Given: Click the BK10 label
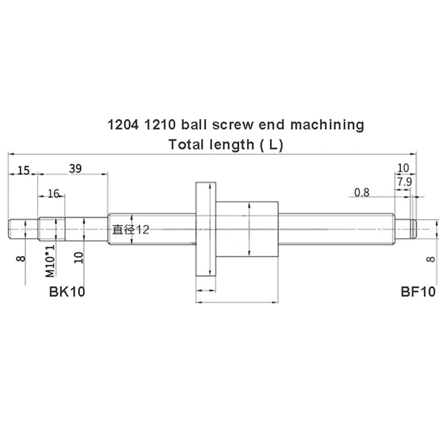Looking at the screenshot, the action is coord(67,292).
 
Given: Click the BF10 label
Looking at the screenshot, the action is coord(418,292).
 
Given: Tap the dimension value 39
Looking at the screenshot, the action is coord(76,169).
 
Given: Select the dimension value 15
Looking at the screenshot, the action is coord(24,170).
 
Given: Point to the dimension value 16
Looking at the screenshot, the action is coord(53,194).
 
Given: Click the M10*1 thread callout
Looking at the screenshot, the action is coord(50,261).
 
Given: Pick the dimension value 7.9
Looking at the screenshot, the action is coord(404,182).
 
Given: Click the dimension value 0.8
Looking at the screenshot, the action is coord(362,193).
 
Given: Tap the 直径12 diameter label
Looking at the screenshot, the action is coord(131,230).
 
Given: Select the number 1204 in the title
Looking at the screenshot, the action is coord(123,125).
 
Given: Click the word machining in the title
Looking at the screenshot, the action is coord(327,125).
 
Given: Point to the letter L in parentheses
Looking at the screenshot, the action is coord(272,145).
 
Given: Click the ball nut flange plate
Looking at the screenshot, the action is coord(205,229).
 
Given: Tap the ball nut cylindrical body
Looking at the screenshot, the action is coord(247,229).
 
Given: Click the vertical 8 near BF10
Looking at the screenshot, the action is coord(430,259).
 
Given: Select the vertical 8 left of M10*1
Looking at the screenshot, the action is coord(21,258).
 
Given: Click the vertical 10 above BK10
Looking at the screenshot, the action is coord(79,257).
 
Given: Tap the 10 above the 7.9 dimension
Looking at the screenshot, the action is coord(403,168).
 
